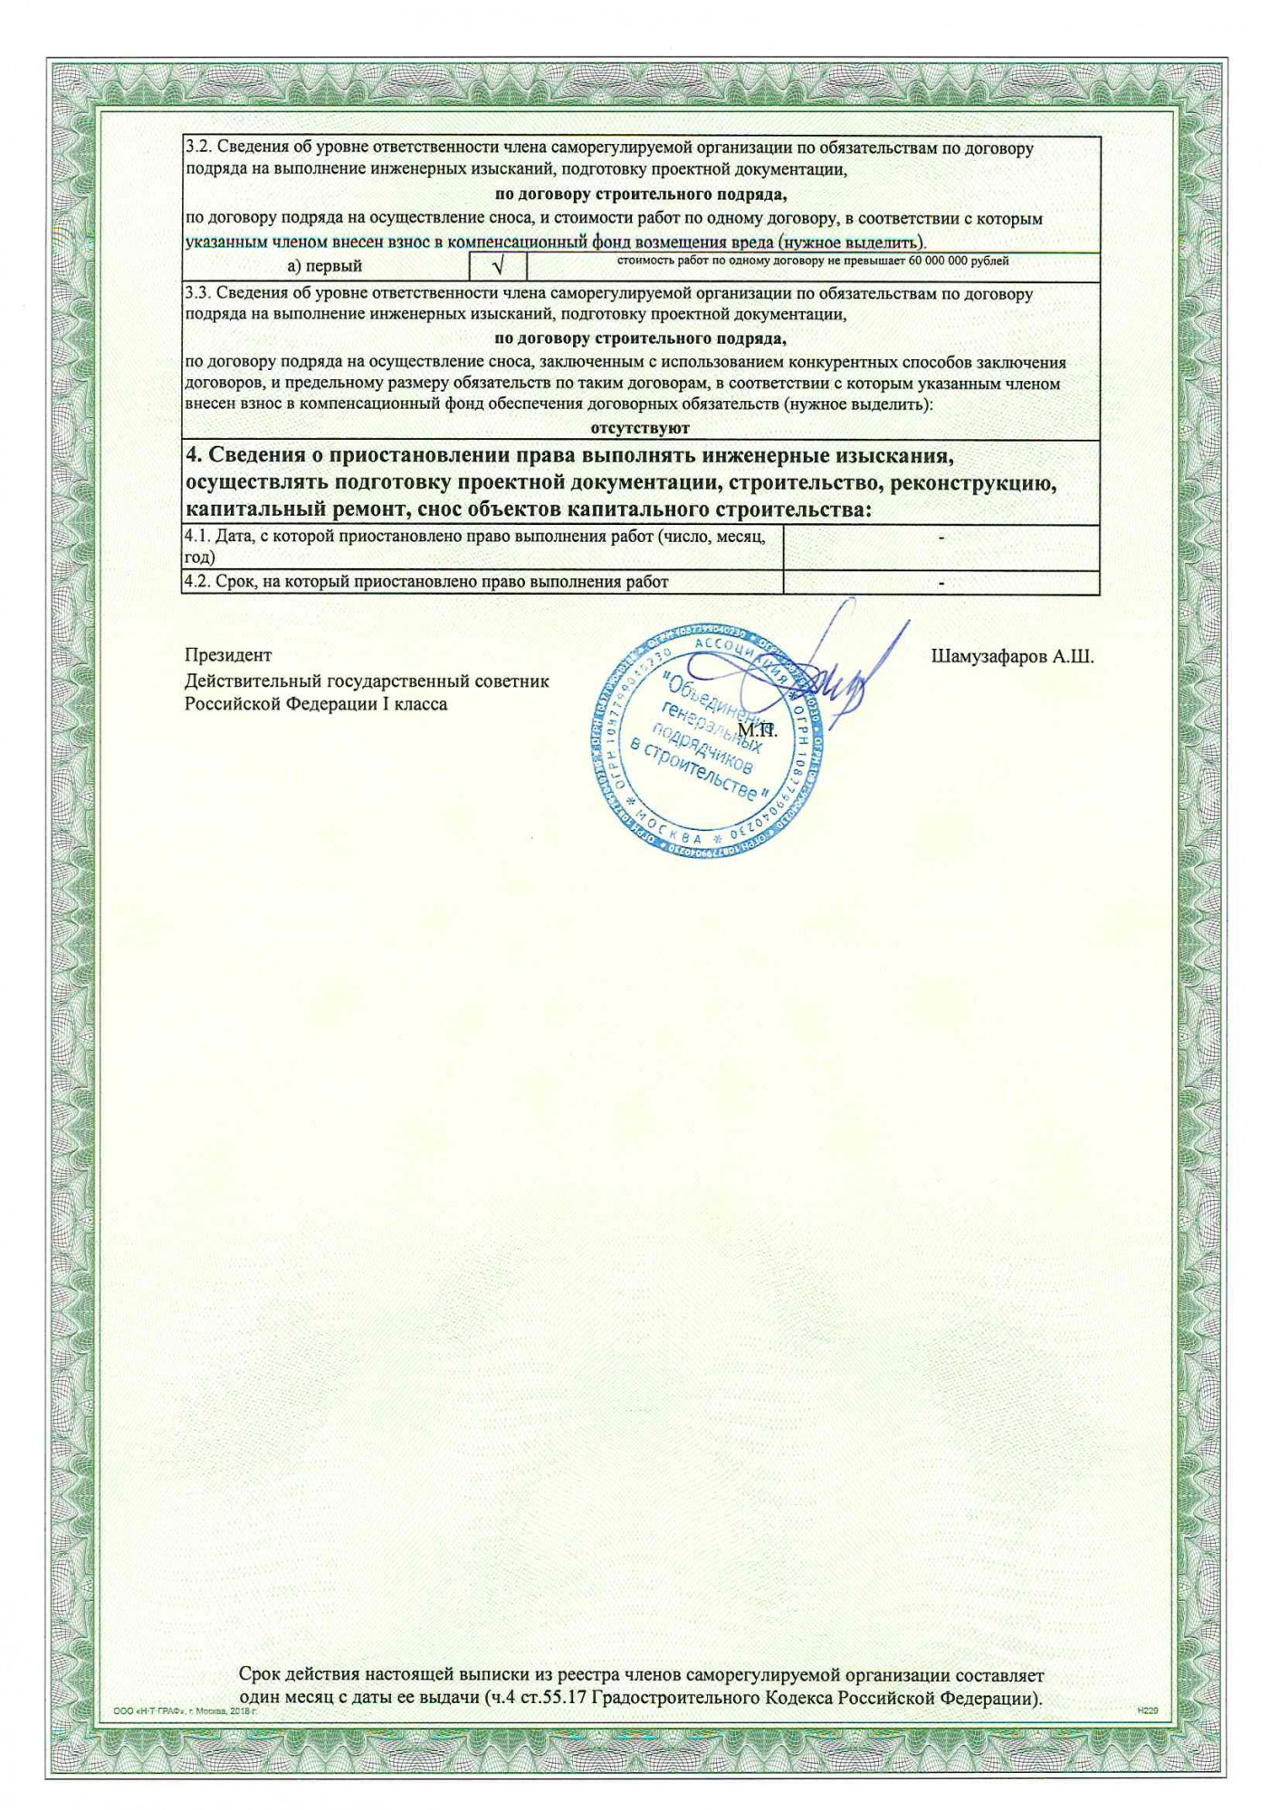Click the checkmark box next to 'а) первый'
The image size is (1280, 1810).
point(497,267)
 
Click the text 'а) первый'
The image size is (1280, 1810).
point(324,267)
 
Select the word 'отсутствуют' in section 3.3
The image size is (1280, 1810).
point(640,428)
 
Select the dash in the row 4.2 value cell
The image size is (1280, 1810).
point(941,583)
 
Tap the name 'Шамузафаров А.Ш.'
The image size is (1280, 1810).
point(1012,657)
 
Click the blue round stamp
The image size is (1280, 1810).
point(709,744)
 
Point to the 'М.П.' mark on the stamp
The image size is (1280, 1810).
point(758,729)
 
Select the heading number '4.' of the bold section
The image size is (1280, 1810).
point(192,453)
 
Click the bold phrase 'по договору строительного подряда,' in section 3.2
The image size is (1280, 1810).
point(640,195)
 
